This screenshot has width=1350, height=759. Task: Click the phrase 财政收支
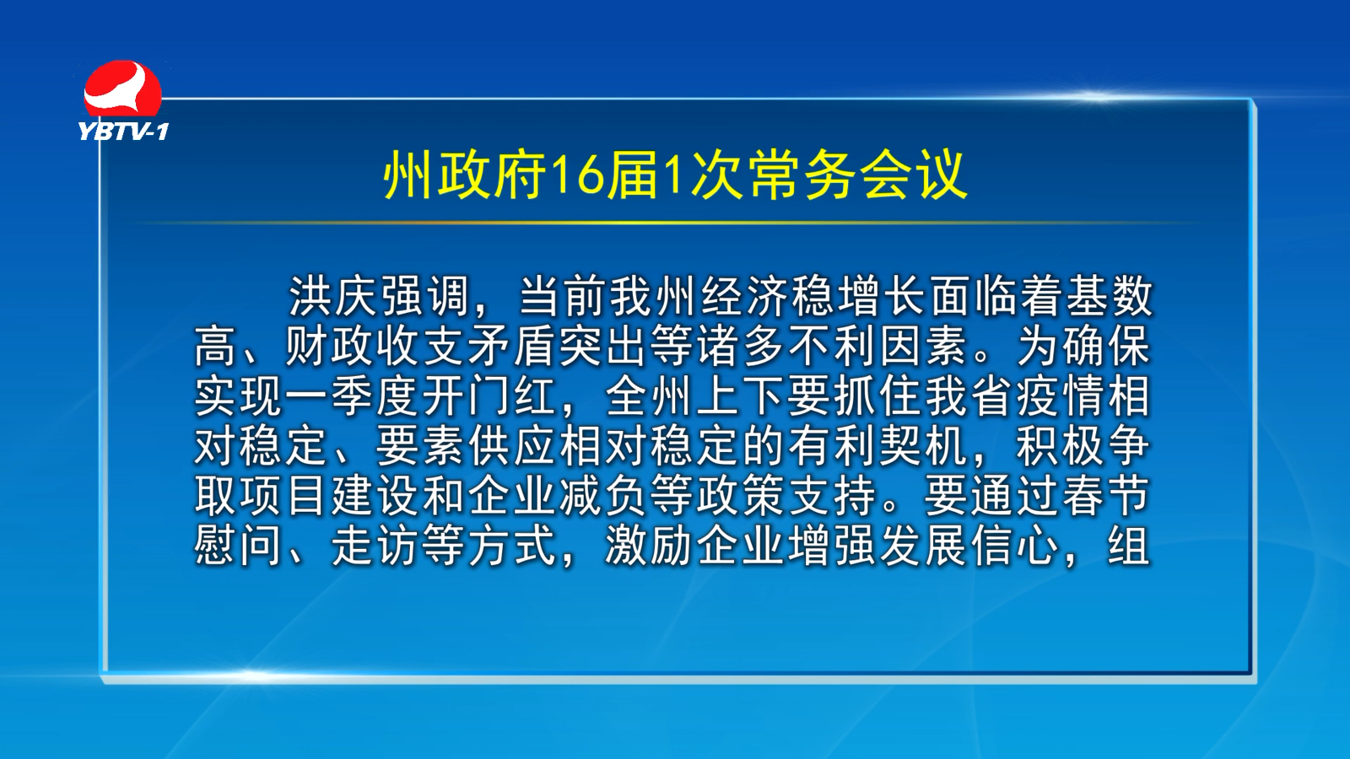[375, 347]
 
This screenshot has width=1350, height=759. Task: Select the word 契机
[924, 448]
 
